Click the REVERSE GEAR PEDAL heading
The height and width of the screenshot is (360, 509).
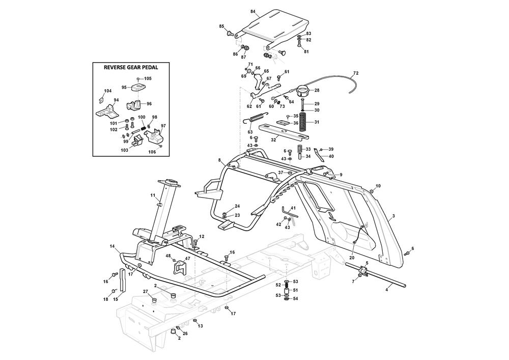(130, 67)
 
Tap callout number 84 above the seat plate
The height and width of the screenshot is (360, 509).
(253, 11)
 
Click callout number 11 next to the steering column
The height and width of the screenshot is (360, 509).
(153, 195)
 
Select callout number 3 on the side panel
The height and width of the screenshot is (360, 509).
(393, 216)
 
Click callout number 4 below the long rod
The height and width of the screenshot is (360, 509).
(387, 290)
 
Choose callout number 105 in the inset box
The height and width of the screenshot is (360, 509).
(148, 78)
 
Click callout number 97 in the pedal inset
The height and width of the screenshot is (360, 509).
(163, 126)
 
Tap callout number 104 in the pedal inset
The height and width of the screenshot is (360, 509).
(107, 91)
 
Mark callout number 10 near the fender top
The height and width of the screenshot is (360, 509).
(378, 186)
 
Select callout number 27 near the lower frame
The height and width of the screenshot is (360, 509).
(145, 291)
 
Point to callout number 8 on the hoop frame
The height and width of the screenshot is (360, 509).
(220, 160)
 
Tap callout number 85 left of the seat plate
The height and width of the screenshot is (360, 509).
(221, 26)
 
